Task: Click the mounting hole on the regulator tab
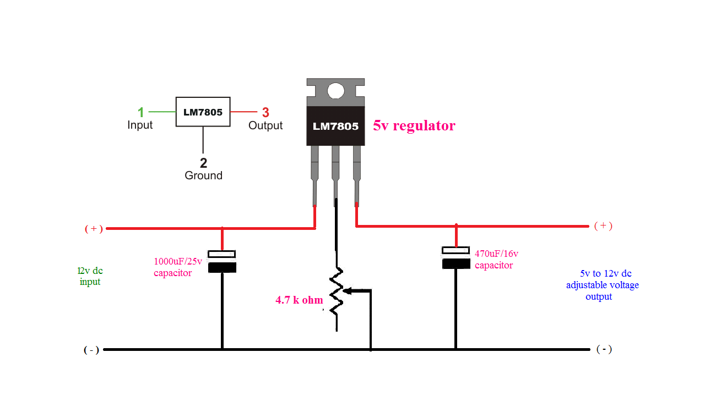(335, 91)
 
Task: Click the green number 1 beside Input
(140, 112)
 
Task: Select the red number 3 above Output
(265, 112)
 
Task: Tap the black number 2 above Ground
(203, 162)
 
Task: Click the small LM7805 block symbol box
(203, 112)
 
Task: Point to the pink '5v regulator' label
(414, 126)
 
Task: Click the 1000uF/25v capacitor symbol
(222, 261)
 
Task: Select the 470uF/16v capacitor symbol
(456, 257)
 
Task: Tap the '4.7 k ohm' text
(299, 300)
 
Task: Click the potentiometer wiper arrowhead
(347, 291)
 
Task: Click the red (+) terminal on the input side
(94, 229)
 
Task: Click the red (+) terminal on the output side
(603, 226)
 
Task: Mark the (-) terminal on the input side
(91, 350)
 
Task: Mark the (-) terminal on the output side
(604, 349)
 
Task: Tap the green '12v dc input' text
(90, 276)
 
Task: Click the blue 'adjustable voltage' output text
(603, 285)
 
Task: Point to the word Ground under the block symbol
(203, 175)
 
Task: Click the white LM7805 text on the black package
(335, 126)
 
